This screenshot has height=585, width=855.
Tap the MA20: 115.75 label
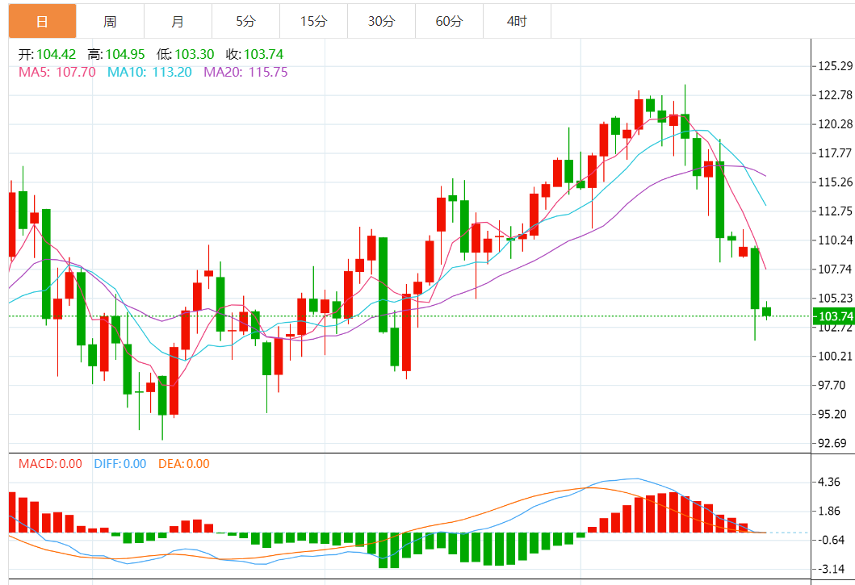pyautogui.click(x=245, y=72)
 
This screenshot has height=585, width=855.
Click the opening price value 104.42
pyautogui.click(x=56, y=55)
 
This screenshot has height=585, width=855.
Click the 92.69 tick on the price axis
pyautogui.click(x=832, y=443)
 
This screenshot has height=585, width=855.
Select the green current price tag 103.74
pyautogui.click(x=832, y=316)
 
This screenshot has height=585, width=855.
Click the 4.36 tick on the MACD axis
pyautogui.click(x=829, y=482)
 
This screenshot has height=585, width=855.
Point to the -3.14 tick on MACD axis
pyautogui.click(x=829, y=569)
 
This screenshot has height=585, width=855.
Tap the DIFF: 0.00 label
pyautogui.click(x=120, y=464)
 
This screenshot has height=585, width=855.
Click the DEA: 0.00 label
pyautogui.click(x=183, y=464)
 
